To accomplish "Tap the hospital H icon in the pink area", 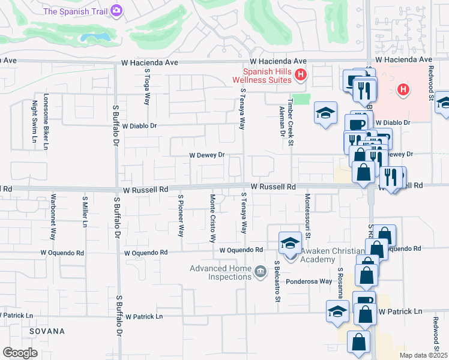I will tap(403, 90).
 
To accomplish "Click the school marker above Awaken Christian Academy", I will tap(291, 244).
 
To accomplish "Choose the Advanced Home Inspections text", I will tap(221, 272).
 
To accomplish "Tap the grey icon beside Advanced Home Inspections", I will tap(260, 272).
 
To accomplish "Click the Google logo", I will tap(20, 353).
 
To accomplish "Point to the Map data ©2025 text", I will tap(423, 355).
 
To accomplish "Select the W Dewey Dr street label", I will tap(206, 155).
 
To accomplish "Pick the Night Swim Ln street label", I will tap(34, 122).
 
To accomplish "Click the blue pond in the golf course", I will tap(97, 38).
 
